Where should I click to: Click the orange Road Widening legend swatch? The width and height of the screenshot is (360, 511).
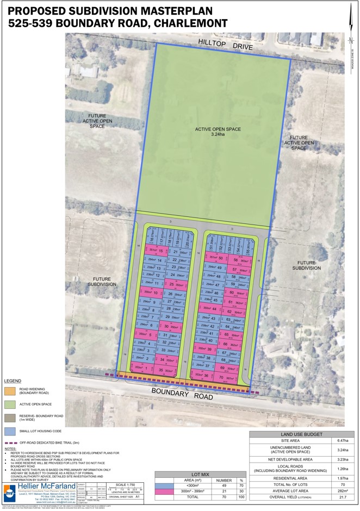point(10,390)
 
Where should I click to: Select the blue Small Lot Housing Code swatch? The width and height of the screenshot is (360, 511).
point(10,432)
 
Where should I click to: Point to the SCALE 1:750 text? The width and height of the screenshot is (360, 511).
point(126,485)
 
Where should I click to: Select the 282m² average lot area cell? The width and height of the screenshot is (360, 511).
point(343,490)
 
